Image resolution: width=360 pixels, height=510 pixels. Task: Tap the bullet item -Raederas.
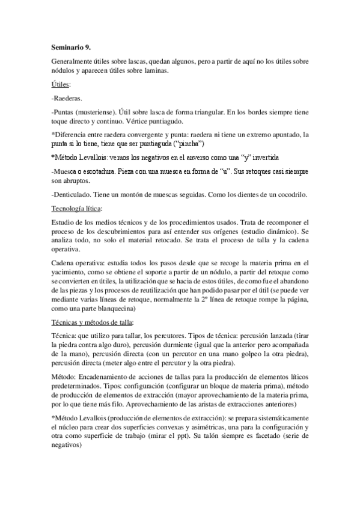(x=67, y=99)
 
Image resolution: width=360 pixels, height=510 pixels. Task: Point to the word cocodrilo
(x=289, y=194)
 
